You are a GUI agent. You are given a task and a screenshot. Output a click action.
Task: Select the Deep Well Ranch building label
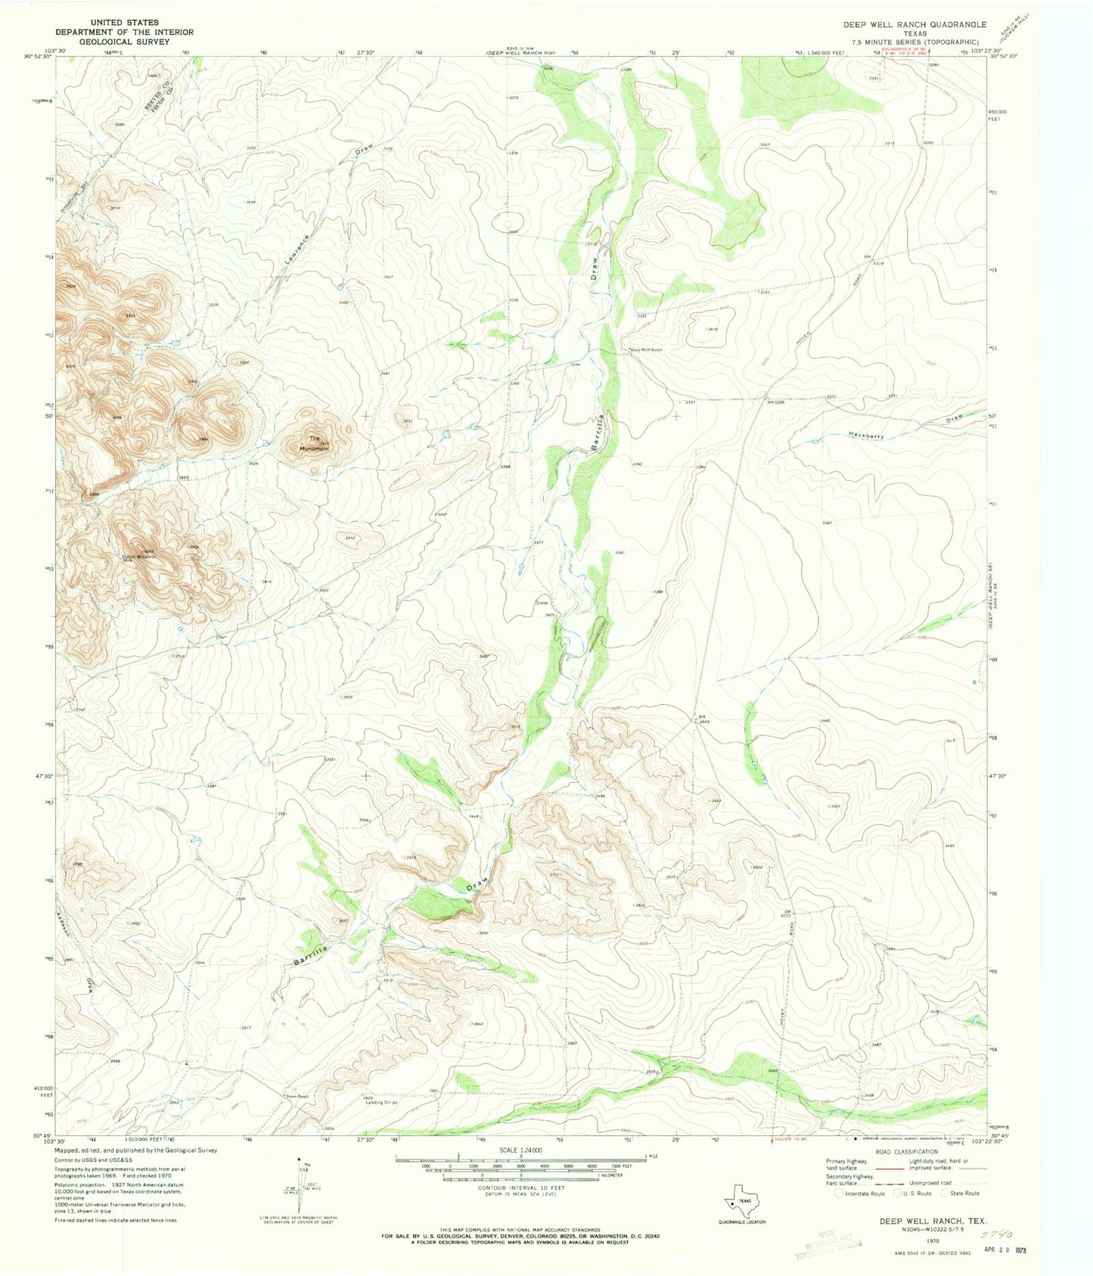pos(646,349)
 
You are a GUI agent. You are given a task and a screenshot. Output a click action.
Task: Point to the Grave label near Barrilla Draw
pos(542,603)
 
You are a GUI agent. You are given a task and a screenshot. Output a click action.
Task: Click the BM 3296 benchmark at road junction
pos(777,402)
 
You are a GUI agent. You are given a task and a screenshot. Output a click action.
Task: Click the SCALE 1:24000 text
pos(520,1150)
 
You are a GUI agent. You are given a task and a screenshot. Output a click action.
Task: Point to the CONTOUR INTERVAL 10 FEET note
pos(520,1188)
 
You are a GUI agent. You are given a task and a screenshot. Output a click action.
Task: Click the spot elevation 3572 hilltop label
pos(349,538)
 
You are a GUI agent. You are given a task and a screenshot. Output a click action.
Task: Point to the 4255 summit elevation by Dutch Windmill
pos(148,551)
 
